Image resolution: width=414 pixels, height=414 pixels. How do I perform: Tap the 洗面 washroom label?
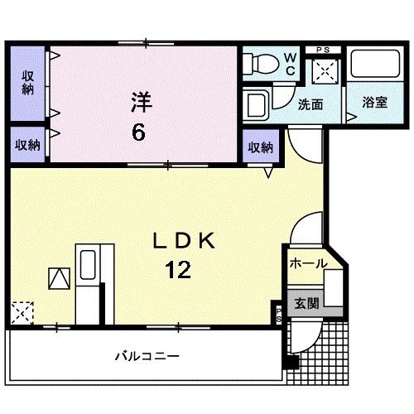pos(310,103)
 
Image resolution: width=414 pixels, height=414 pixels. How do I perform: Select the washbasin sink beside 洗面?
pos(258,105)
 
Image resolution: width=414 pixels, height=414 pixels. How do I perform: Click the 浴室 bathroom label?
pos(375,103)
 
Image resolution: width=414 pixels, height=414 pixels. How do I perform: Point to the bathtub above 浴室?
pos(374,65)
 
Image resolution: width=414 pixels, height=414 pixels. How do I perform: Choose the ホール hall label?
pos(308,264)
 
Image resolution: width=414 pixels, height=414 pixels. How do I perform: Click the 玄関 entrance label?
pos(307,303)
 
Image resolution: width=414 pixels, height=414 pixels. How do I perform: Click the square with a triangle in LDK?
pos(60,278)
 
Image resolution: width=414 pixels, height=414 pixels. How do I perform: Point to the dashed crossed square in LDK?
pos(22,313)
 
